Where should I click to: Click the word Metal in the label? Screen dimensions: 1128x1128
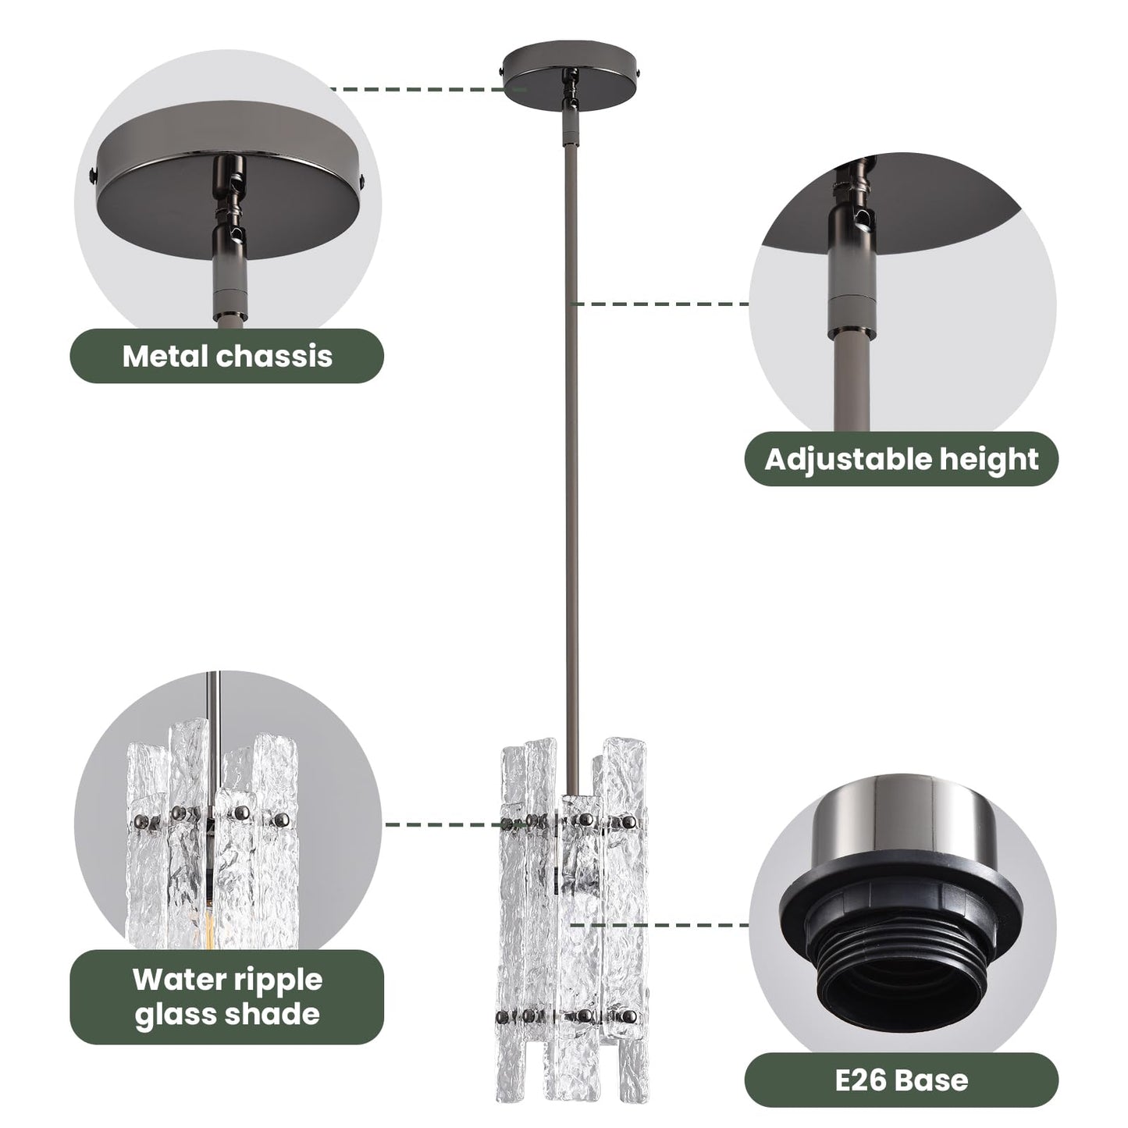pyautogui.click(x=165, y=356)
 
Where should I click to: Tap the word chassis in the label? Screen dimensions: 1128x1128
pyautogui.click(x=274, y=356)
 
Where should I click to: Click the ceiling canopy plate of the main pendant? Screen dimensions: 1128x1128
pyautogui.click(x=573, y=71)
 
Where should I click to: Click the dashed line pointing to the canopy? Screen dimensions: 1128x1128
pyautogui.click(x=429, y=90)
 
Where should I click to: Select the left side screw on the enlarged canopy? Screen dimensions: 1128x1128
pyautogui.click(x=92, y=174)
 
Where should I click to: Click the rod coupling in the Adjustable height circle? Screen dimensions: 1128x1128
pyautogui.click(x=852, y=310)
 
